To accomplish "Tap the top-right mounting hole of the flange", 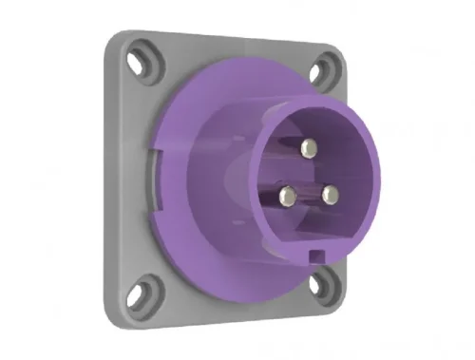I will tap(326, 67).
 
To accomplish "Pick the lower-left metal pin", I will tap(287, 196).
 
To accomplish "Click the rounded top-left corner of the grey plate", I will tap(116, 40).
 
